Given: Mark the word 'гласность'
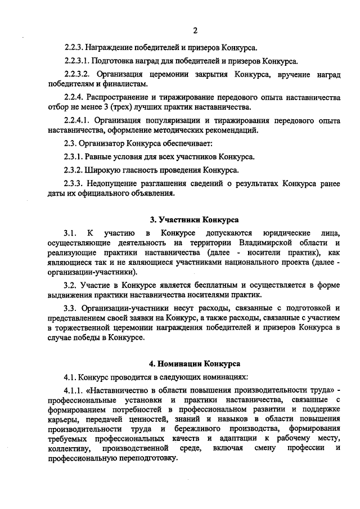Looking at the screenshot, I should pos(147,170).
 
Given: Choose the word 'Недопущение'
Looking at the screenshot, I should pos(112,183).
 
